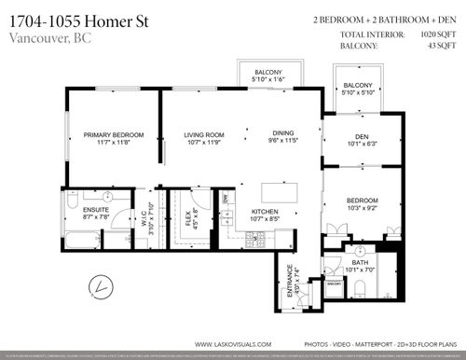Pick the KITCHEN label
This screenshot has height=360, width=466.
[x=267, y=212]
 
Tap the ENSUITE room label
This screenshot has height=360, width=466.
[x=96, y=211]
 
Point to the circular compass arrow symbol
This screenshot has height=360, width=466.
[x=92, y=285]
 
